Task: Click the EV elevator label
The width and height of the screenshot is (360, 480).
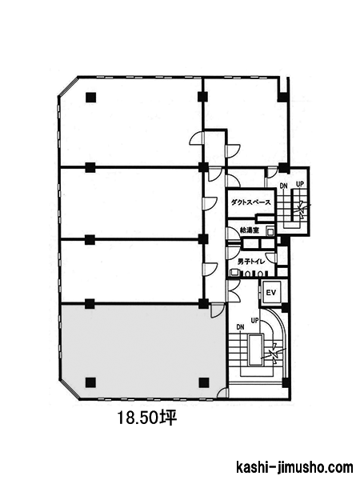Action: [270, 293]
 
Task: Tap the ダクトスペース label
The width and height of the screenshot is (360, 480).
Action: [250, 202]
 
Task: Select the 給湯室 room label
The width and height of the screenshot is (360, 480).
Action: [249, 230]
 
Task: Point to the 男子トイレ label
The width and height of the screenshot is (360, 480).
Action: [251, 262]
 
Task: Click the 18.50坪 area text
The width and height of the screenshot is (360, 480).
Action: [147, 418]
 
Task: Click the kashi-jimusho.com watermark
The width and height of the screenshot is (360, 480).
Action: [294, 467]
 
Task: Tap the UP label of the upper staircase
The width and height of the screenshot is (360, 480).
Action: [300, 185]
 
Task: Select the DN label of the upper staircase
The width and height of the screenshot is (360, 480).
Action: [284, 186]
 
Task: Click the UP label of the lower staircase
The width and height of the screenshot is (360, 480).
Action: [254, 321]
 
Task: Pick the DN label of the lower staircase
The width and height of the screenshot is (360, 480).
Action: [240, 327]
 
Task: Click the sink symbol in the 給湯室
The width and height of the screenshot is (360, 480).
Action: [270, 231]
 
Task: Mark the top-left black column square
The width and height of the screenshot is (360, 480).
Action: [91, 98]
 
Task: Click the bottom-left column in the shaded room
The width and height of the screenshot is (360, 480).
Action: [90, 382]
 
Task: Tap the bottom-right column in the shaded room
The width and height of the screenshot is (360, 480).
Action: [203, 382]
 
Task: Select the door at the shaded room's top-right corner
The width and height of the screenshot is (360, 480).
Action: [218, 310]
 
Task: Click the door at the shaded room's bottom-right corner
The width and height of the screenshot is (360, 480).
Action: [222, 393]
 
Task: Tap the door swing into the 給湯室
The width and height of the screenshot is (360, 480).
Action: [233, 234]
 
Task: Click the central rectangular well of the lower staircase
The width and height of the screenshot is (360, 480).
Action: [255, 350]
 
